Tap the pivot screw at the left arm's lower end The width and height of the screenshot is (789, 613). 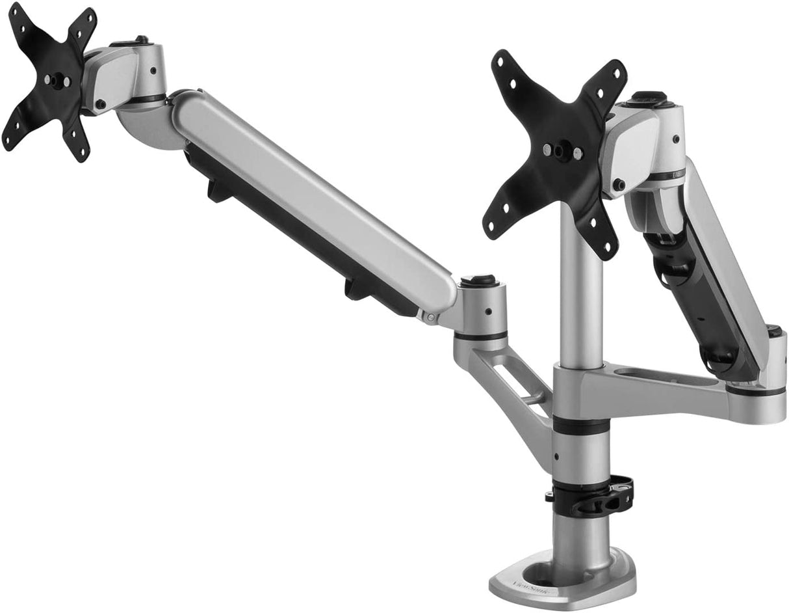pyautogui.click(x=430, y=317)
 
